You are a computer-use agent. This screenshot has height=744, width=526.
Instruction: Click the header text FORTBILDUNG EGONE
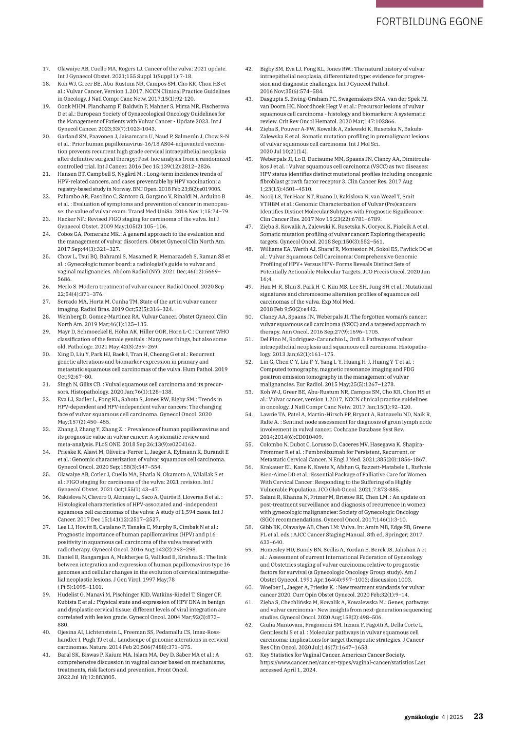click(429, 22)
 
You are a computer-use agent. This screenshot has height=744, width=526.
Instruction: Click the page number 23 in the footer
click(478, 716)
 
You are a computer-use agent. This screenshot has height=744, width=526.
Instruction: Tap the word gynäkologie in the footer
click(421, 717)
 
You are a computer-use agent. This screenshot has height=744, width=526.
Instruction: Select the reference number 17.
click(46, 69)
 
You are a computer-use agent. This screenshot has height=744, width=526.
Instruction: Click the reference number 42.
click(249, 69)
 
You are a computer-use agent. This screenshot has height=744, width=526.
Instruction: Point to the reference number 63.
click(249, 655)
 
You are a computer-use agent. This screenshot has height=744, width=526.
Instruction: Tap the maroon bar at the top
click(429, 4)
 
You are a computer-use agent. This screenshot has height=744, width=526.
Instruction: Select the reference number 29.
click(46, 332)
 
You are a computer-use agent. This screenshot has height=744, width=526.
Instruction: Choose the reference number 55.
click(249, 444)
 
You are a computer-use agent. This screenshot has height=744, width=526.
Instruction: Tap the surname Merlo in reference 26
click(65, 287)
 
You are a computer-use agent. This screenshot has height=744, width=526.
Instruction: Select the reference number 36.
click(46, 497)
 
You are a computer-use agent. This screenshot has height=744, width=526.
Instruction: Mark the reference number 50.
click(249, 317)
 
